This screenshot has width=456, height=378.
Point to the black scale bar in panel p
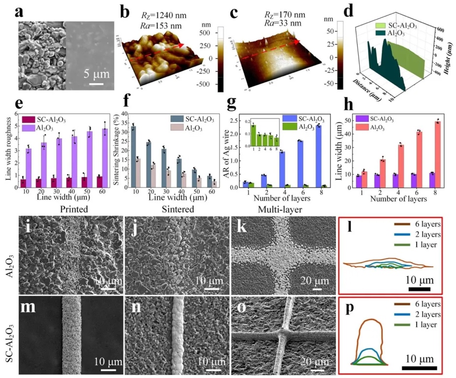(419, 367)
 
